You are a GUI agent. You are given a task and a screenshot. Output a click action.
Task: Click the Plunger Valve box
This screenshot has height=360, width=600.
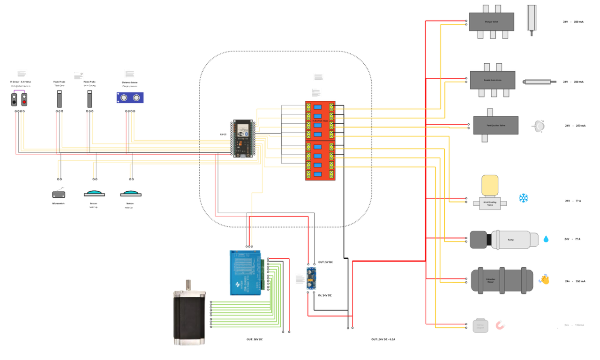point(491,22)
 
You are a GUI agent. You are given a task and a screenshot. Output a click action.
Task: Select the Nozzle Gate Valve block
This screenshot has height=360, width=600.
point(492,80)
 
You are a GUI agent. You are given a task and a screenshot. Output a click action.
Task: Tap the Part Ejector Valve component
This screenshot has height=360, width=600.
point(495,125)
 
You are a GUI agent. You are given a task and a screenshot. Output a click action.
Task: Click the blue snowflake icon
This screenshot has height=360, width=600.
point(524,198)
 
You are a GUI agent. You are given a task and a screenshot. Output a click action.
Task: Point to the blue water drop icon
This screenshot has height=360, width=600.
point(546,239)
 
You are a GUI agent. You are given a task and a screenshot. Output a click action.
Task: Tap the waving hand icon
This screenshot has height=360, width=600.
point(544,279)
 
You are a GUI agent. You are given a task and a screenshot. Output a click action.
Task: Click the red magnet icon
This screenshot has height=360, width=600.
point(501,325)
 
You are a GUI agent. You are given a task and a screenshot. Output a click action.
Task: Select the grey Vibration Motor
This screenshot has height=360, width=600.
point(502,280)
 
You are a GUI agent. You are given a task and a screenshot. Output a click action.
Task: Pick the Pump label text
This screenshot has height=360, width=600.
point(510,240)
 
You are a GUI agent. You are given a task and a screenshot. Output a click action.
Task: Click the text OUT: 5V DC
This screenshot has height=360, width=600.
point(325,262)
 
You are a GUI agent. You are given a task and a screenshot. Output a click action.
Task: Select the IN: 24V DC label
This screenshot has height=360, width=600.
point(325,295)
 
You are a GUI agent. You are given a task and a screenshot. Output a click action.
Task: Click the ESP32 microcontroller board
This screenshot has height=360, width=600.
point(243,139)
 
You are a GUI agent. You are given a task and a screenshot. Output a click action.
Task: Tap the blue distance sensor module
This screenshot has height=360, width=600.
point(130,97)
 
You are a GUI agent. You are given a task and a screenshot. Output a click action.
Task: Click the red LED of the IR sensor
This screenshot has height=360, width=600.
point(24,102)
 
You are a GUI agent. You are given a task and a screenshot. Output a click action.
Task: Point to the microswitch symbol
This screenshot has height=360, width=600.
point(59,194)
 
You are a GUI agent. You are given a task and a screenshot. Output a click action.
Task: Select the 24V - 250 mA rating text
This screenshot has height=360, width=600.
point(575,126)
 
